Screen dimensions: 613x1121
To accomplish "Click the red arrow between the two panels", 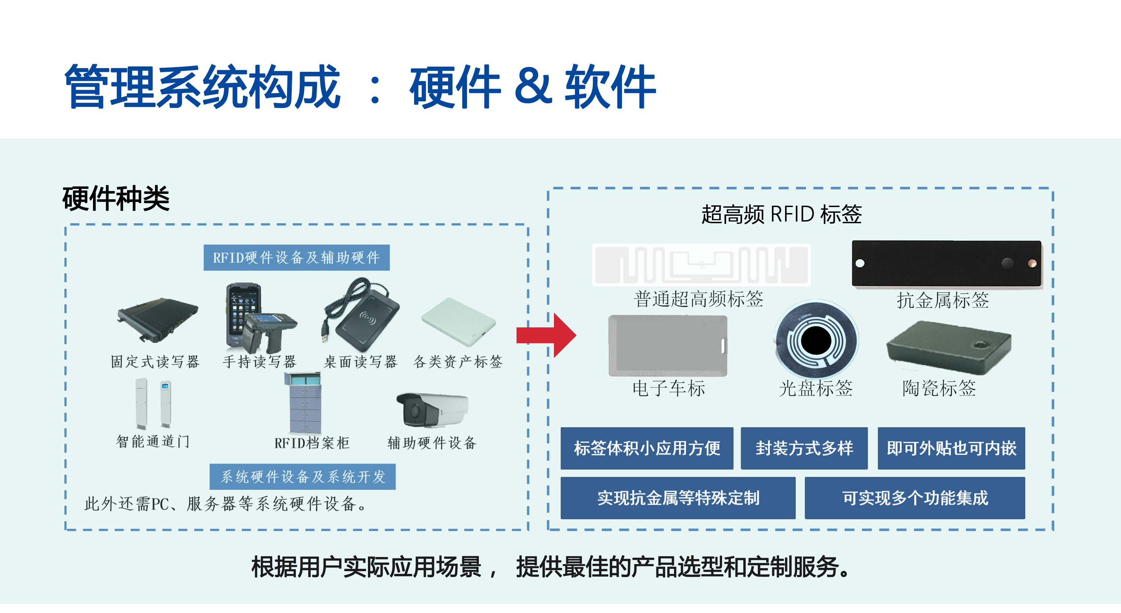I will pos(547,335).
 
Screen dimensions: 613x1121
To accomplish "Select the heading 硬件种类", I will pos(116,199).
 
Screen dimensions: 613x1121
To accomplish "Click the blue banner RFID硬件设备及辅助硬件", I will pos(297,258).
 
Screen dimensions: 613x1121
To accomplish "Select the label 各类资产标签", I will pos(458,361).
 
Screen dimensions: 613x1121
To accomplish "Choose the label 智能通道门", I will pos(153,441).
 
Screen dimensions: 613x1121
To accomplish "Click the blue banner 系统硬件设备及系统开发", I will pos(303,477).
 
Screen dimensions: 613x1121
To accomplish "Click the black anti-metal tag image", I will pos(946,263).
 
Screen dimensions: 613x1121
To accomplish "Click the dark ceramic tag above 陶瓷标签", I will pos(949,347).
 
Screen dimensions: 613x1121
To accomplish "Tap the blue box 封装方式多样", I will pos(804,448).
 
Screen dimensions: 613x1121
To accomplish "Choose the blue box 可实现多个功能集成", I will pos(915,498).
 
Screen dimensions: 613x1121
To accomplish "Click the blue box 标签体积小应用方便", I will pos(647,448).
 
